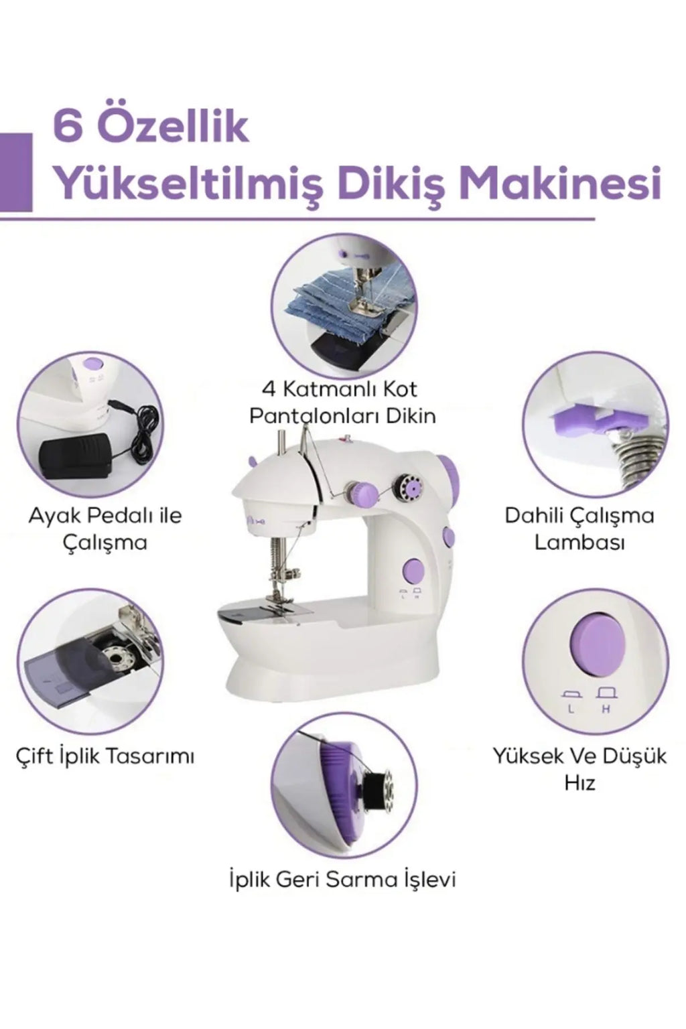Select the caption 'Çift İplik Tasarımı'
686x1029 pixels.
point(105,756)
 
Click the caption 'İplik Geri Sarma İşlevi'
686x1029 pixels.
point(342,878)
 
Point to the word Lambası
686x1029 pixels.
point(579,542)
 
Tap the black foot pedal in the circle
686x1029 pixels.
point(76,456)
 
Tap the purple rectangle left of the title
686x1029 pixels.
point(16,171)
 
